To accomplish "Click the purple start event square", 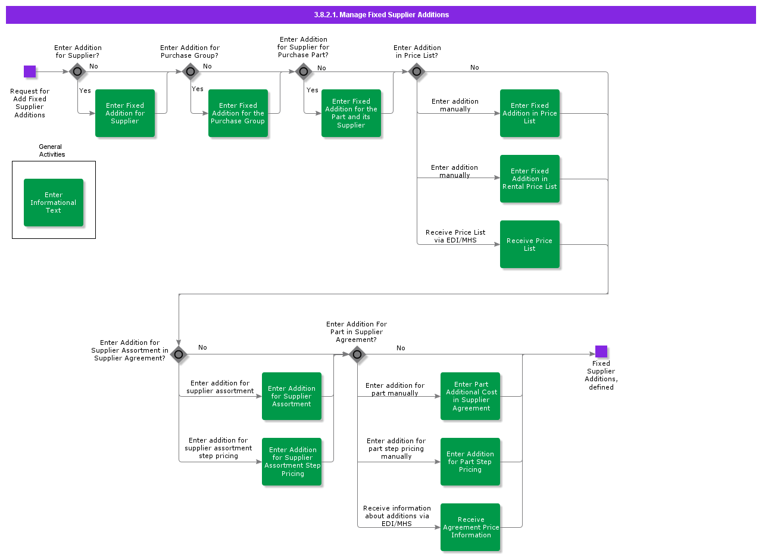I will pyautogui.click(x=30, y=71).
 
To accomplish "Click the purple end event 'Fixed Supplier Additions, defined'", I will pyautogui.click(x=601, y=351).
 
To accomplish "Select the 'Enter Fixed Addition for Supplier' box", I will pyautogui.click(x=125, y=113).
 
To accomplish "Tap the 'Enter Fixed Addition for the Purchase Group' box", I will pyautogui.click(x=238, y=113).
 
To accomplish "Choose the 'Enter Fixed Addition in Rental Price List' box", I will pyautogui.click(x=530, y=179).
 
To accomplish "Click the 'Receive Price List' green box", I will pyautogui.click(x=530, y=244).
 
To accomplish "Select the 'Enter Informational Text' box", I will pyautogui.click(x=54, y=203).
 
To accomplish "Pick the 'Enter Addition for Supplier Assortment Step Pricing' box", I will pyautogui.click(x=292, y=462).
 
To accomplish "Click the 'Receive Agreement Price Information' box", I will pyautogui.click(x=470, y=527).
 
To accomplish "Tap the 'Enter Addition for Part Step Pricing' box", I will pyautogui.click(x=470, y=462).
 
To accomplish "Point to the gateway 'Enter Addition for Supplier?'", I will pyautogui.click(x=77, y=71).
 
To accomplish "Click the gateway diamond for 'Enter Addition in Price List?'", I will pyautogui.click(x=417, y=71).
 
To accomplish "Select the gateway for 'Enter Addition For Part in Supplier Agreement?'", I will pyautogui.click(x=357, y=354).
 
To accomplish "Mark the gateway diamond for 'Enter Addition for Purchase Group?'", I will pyautogui.click(x=190, y=71).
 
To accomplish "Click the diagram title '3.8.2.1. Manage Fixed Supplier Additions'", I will pyautogui.click(x=381, y=15).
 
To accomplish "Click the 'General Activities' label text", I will pyautogui.click(x=51, y=151).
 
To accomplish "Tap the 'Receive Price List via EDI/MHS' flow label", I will pyautogui.click(x=455, y=237).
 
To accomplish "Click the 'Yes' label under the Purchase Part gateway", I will pyautogui.click(x=313, y=90).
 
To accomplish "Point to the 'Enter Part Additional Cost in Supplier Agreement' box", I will pyautogui.click(x=470, y=396).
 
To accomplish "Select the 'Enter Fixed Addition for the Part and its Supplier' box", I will pyautogui.click(x=351, y=113).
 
